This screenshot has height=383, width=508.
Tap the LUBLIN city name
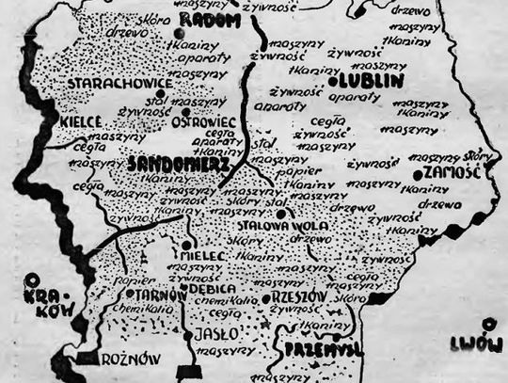[x=373, y=82]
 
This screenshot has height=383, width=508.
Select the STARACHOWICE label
[x=119, y=84]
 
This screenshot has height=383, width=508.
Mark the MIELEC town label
[x=204, y=254]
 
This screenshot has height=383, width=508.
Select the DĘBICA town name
[x=217, y=291]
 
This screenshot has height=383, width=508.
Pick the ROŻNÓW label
[x=132, y=358]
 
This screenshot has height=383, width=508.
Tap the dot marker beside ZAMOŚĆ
[x=417, y=174]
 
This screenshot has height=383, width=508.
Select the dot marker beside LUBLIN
[x=333, y=84]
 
